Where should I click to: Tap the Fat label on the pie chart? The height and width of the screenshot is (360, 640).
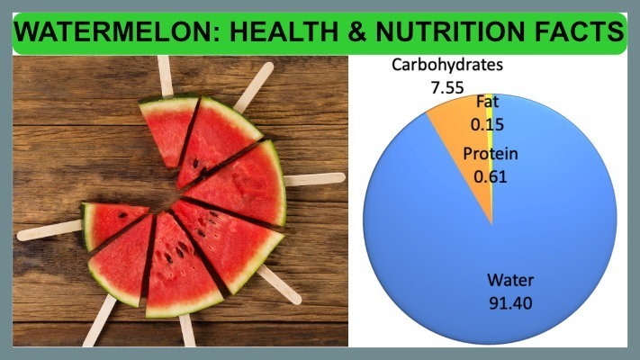pyautogui.click(x=486, y=101)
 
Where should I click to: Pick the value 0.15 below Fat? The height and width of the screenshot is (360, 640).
pyautogui.click(x=486, y=121)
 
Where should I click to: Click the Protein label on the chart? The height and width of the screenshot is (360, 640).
pyautogui.click(x=490, y=154)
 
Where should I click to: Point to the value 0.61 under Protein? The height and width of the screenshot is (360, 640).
pyautogui.click(x=490, y=175)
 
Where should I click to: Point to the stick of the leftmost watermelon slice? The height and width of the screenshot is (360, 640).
pyautogui.click(x=50, y=230)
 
